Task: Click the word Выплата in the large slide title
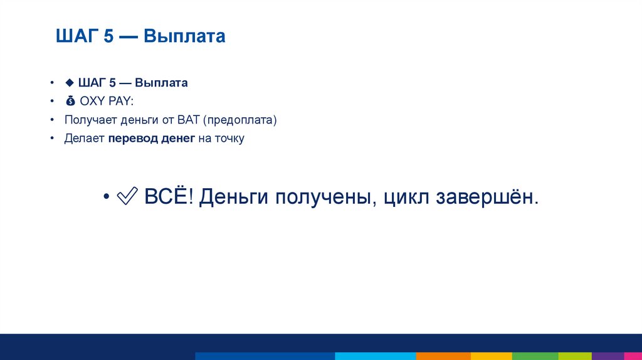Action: [184, 36]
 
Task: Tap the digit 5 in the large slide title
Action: [108, 36]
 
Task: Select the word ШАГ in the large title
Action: [75, 36]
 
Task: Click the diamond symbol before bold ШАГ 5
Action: [69, 83]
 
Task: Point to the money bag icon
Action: [69, 101]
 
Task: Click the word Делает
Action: [84, 139]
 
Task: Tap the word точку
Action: [230, 139]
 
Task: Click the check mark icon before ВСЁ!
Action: [127, 197]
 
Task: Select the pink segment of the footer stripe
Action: [633, 356]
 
